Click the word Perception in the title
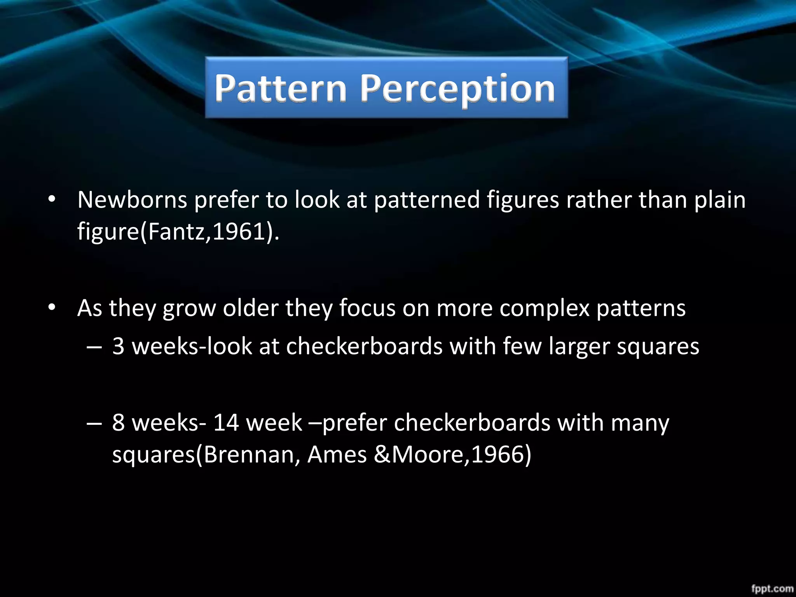click(x=457, y=89)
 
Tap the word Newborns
click(x=132, y=200)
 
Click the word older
click(x=250, y=308)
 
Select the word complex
click(x=544, y=309)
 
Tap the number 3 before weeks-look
click(x=118, y=346)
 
